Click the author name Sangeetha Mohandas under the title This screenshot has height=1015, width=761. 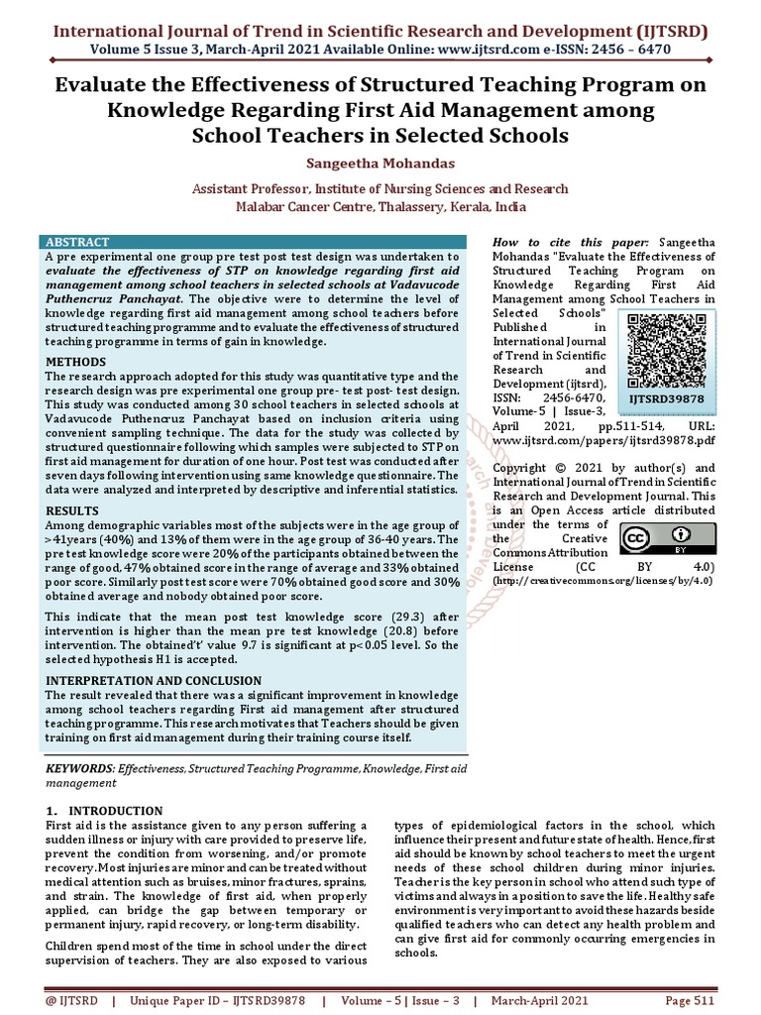[x=380, y=163]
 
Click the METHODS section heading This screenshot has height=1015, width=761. [x=76, y=363]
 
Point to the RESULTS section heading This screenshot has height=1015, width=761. [x=74, y=511]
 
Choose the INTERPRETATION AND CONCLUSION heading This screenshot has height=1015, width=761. [x=154, y=681]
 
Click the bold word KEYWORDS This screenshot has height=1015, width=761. [x=80, y=769]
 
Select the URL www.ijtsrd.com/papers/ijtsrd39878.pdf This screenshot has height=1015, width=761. [x=603, y=440]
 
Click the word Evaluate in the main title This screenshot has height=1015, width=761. [x=98, y=85]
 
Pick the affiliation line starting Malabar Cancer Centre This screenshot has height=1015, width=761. [x=380, y=207]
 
